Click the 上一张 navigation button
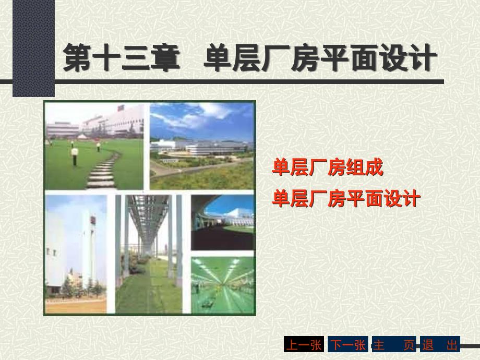click(304, 344)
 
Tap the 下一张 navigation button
click(348, 344)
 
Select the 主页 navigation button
click(394, 344)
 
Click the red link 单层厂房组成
click(328, 167)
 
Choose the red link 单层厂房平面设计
click(346, 198)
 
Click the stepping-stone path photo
click(94, 146)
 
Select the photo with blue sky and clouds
click(202, 146)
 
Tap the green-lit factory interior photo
click(223, 285)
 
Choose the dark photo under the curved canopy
click(223, 223)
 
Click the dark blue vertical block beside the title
click(34, 49)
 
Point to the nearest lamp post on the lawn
click(75, 156)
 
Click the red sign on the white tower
click(92, 220)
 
